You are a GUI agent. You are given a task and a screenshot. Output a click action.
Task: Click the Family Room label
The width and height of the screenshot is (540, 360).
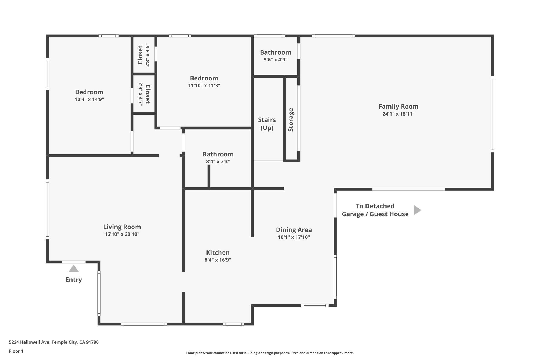[x=398, y=107]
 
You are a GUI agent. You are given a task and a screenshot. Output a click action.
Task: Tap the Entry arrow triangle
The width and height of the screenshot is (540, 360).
[x=74, y=269]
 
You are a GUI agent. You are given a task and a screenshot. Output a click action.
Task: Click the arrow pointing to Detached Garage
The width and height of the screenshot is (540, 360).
[x=417, y=210]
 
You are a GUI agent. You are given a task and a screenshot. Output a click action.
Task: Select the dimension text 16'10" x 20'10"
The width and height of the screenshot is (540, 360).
[x=122, y=234]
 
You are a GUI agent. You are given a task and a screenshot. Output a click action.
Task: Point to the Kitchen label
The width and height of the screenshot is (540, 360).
[x=218, y=252]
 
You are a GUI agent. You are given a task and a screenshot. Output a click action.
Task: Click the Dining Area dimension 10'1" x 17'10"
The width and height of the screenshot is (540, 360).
[x=294, y=237]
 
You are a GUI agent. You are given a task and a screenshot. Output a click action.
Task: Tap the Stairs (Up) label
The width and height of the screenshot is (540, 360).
[x=267, y=124]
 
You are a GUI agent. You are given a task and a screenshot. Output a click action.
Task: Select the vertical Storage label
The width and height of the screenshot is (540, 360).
[x=291, y=120]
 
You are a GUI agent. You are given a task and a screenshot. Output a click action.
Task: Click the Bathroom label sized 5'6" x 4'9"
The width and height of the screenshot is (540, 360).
[x=275, y=52]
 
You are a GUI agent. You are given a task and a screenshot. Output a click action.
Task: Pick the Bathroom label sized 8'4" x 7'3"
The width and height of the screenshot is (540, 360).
[x=218, y=154]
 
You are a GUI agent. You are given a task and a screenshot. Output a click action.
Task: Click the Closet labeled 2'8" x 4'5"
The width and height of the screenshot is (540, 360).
[x=140, y=55]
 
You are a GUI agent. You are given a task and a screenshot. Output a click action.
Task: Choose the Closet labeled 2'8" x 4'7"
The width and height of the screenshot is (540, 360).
[x=147, y=94]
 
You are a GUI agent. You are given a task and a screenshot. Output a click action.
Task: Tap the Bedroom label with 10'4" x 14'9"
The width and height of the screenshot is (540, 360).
[x=89, y=92]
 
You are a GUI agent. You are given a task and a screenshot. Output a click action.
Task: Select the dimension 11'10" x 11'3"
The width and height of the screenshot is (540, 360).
[x=204, y=86]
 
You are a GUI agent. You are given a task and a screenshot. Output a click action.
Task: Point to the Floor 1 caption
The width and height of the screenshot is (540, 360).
[x=16, y=351]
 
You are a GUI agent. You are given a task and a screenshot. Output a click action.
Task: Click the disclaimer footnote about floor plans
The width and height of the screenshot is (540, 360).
[x=270, y=353]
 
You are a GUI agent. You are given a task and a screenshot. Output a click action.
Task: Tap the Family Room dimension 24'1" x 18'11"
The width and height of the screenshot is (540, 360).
[x=398, y=114]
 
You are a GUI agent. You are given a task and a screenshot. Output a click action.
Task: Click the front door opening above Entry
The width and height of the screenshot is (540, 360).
[x=74, y=262]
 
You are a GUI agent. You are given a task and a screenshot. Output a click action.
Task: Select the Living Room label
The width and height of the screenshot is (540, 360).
[x=122, y=227]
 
